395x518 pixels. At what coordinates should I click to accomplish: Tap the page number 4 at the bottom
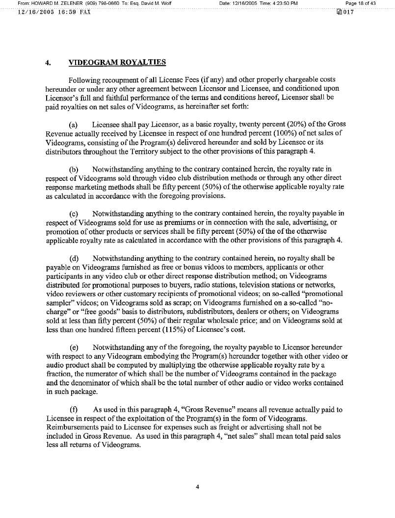197,487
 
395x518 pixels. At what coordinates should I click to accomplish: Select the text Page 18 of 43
361,3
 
